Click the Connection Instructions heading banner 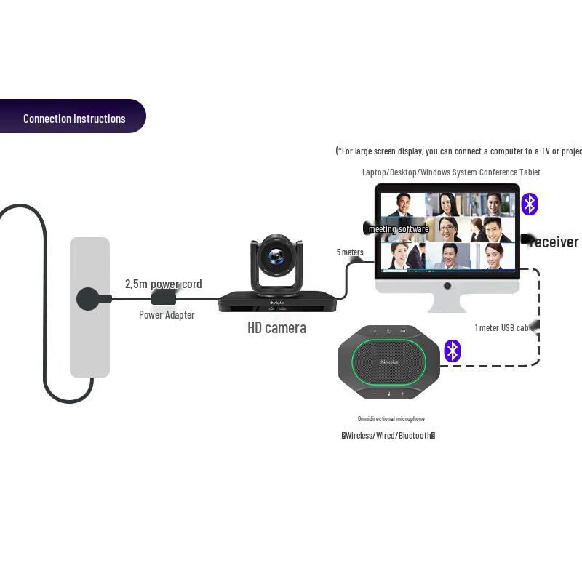73,117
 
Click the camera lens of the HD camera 276,256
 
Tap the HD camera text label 276,327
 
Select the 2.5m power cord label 163,284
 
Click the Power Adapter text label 167,315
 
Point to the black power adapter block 164,298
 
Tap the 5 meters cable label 350,252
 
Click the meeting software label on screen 399,229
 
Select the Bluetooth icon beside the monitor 530,204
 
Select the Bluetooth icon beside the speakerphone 453,351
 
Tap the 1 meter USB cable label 505,328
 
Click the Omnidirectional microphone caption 391,419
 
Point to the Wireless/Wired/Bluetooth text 388,436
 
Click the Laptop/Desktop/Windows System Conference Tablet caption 451,172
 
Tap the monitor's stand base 447,305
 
